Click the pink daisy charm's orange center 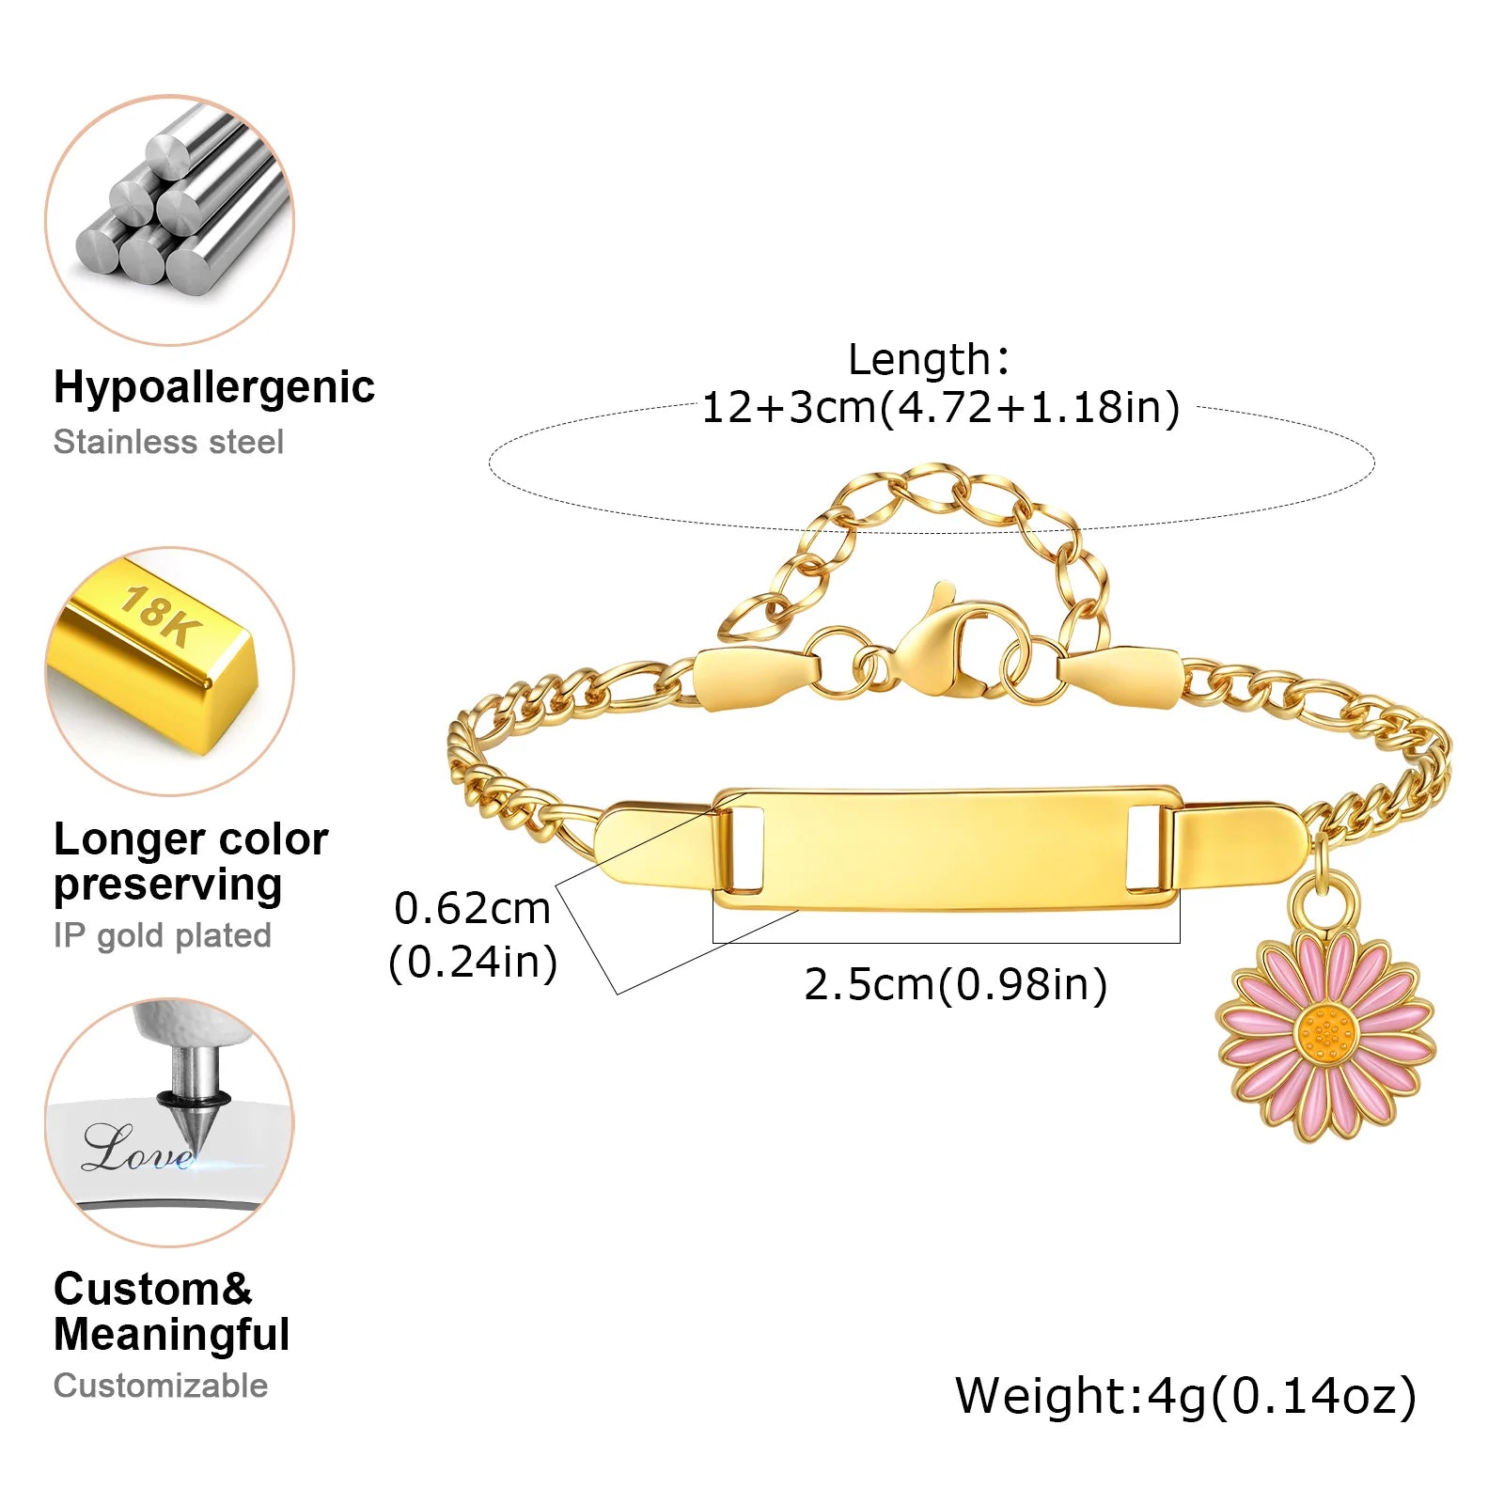[1325, 1035]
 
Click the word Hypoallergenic [213, 387]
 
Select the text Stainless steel [168, 442]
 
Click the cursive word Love [136, 1149]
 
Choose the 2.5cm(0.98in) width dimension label [955, 984]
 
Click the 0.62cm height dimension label [472, 909]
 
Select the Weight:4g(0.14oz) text [1185, 1395]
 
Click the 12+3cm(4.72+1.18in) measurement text [940, 408]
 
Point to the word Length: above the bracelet [929, 359]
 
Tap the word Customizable [161, 1386]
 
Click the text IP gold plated [163, 935]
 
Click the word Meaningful [172, 1335]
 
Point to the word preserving [168, 885]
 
